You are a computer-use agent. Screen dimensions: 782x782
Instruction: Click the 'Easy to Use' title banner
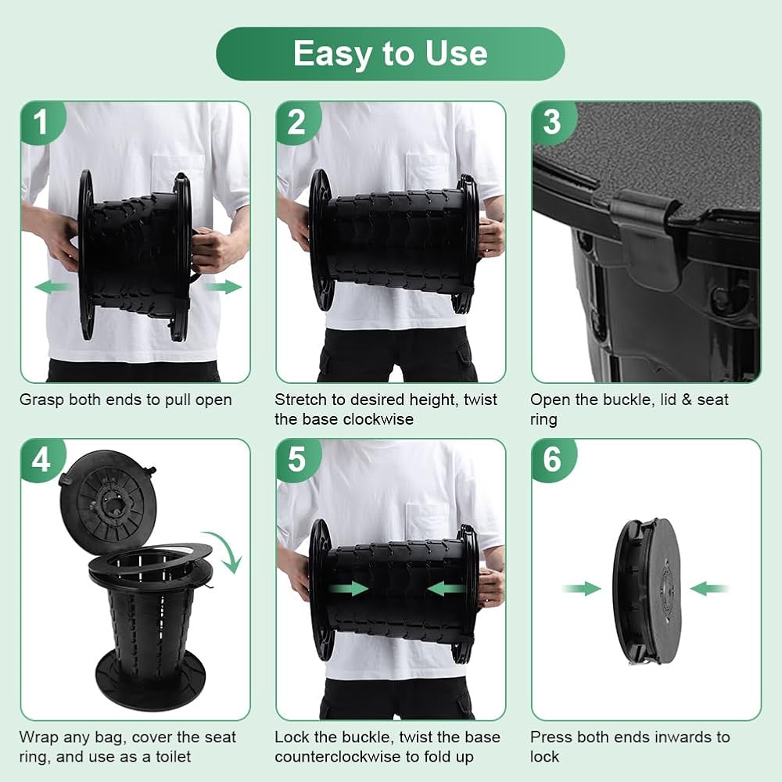tap(390, 54)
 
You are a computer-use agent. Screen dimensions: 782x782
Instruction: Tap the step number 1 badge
tap(42, 122)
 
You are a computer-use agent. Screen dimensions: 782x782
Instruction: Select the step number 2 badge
tap(297, 122)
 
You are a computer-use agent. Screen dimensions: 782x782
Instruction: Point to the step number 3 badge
tap(553, 122)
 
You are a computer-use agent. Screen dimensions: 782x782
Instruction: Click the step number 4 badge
tap(42, 459)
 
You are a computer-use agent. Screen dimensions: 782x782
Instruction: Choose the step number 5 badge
tap(297, 459)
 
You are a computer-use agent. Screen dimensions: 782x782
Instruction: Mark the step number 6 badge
tap(553, 459)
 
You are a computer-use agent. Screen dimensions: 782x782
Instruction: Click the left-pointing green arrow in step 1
tap(53, 287)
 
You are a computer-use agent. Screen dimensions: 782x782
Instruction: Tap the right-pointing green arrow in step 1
tap(223, 287)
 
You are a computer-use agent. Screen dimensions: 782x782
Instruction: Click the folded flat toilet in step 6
tap(647, 591)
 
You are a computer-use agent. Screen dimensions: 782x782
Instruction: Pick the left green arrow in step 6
tap(582, 589)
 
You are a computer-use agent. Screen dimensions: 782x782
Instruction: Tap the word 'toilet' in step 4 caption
tap(173, 756)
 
